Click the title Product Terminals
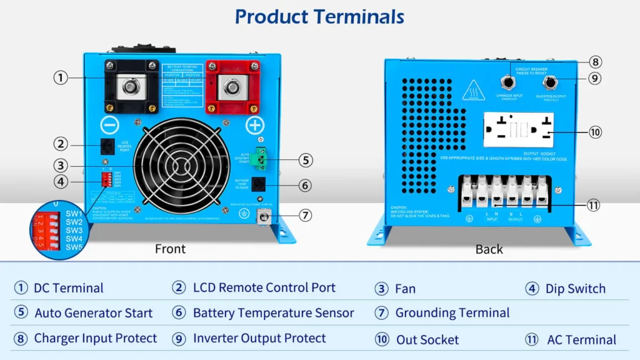[x=319, y=17]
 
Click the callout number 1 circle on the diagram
[x=60, y=77]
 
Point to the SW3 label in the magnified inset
[x=74, y=230]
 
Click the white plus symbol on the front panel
[x=254, y=124]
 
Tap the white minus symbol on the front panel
[x=110, y=124]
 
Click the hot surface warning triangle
[x=470, y=92]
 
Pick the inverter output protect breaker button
[x=550, y=81]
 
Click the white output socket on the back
[x=518, y=129]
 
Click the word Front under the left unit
[x=170, y=249]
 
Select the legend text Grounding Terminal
[x=452, y=312]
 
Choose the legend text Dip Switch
[x=575, y=288]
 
